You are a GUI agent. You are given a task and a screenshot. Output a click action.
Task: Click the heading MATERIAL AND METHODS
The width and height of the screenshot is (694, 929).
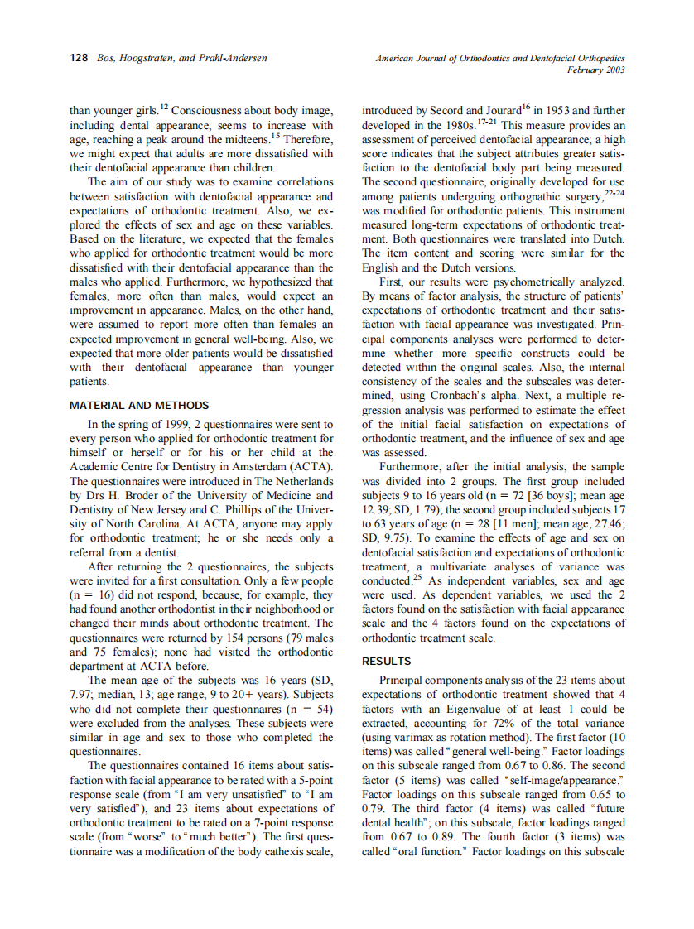pyautogui.click(x=139, y=406)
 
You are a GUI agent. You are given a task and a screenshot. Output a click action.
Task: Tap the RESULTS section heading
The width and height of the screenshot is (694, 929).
pyautogui.click(x=388, y=662)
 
